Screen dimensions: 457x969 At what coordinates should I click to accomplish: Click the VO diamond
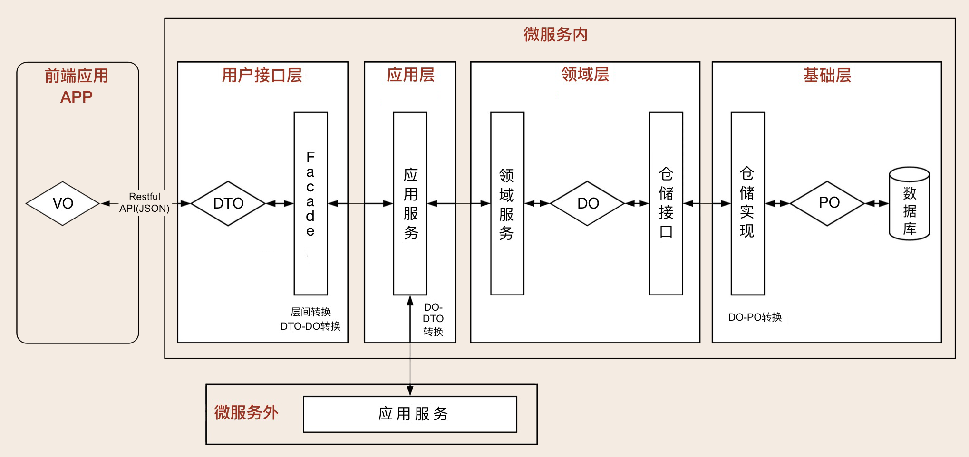coord(63,203)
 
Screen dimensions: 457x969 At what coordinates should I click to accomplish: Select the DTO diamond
coord(228,203)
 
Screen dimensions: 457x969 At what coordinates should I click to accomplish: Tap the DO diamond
coord(588,203)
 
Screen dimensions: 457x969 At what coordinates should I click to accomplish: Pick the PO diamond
coord(828,203)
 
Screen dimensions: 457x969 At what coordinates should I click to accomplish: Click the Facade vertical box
coord(310,203)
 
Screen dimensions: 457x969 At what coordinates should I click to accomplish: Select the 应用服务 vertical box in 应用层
coord(410,203)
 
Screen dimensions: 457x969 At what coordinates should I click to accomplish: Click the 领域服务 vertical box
coord(507,203)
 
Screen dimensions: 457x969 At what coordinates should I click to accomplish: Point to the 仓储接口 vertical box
coord(666,203)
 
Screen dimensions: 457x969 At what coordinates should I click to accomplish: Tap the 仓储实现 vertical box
coord(747,203)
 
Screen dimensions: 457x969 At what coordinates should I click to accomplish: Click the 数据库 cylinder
coord(909,204)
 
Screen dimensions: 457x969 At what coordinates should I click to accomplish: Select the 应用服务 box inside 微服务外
coord(410,414)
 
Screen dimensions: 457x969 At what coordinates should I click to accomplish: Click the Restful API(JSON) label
coord(144,203)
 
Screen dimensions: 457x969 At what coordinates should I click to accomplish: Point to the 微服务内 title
coord(555,34)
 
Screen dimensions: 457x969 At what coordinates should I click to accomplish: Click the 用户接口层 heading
coord(262,75)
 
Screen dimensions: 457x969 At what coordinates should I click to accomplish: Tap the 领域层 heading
coord(585,74)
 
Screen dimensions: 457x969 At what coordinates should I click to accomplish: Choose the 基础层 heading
coord(827,75)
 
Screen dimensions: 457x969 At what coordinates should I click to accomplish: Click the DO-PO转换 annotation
coord(755,317)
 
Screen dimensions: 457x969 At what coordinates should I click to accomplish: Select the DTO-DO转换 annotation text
coord(310,326)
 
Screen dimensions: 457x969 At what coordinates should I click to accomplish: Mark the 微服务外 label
coord(246,412)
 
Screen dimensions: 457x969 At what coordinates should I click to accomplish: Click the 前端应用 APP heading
coord(77,86)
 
